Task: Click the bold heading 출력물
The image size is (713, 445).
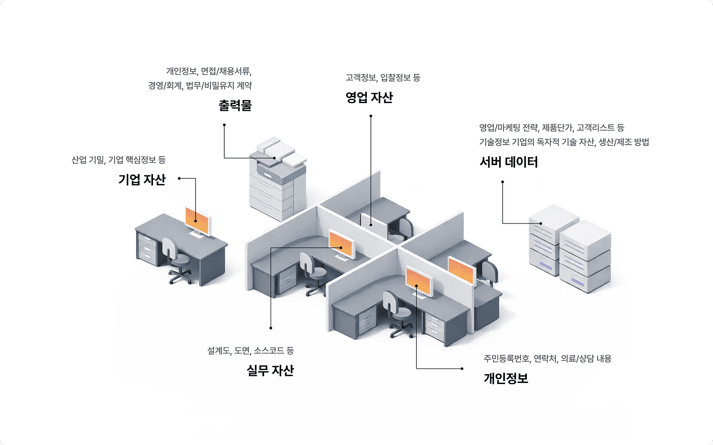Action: coord(235,106)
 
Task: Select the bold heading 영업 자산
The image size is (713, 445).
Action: coord(369,98)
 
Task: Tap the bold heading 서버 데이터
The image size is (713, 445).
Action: coord(509,162)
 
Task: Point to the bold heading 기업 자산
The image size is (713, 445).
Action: coord(142,179)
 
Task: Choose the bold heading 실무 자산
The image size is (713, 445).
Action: coord(270,370)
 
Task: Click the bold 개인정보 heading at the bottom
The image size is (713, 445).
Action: coord(506,379)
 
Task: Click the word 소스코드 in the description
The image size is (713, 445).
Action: coord(269,351)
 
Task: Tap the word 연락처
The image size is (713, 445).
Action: coord(545,359)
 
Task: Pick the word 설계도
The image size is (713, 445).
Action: coord(218,351)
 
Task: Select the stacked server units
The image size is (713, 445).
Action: coord(569,248)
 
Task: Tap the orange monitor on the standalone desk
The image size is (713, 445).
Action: coord(198,218)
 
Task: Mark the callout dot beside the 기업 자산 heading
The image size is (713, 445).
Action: coord(179,178)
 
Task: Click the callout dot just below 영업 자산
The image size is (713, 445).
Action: coord(371,116)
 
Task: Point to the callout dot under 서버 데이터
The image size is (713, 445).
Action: coord(503,182)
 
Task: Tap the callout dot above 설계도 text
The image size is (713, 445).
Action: coord(271,328)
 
